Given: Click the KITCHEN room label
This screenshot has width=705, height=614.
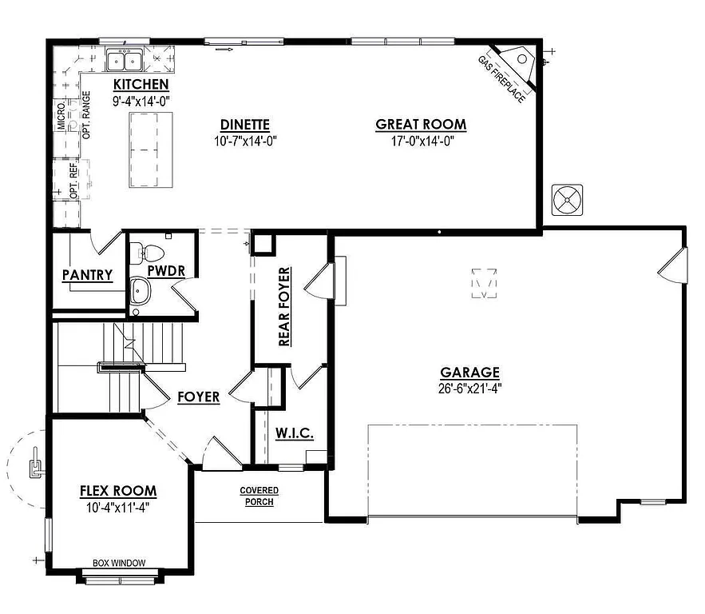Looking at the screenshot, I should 141,85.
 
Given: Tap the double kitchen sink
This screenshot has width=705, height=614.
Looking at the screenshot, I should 124,60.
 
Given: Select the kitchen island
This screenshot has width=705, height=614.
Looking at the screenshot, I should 152,150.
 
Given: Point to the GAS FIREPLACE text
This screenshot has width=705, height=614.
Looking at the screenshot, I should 501,78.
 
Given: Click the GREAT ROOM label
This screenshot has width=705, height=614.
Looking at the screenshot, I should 421,125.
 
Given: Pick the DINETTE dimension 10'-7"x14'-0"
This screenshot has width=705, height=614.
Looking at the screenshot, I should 245,142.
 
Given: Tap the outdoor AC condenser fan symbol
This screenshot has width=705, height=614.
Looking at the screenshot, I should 567,199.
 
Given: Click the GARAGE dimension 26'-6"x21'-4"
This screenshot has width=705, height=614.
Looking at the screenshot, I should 469,389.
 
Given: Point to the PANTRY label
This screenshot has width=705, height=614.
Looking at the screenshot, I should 87,276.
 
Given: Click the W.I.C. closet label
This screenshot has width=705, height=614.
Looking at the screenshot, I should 294,433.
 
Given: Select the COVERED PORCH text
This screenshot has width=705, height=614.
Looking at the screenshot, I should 259,496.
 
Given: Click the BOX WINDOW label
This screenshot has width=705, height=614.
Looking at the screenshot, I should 119,563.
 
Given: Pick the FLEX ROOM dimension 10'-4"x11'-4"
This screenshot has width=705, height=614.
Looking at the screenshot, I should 118,507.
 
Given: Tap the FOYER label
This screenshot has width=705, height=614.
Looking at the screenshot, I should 198,397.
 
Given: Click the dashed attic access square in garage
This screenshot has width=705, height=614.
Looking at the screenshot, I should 484,283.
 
